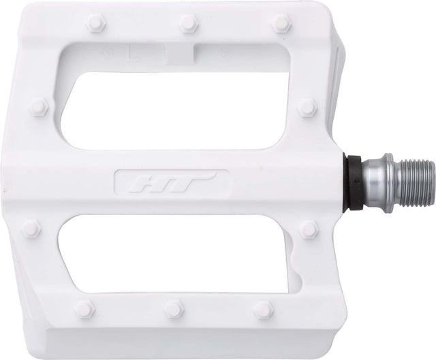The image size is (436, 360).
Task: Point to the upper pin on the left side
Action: click(x=41, y=106)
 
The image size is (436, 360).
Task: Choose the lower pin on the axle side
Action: click(x=309, y=229)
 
